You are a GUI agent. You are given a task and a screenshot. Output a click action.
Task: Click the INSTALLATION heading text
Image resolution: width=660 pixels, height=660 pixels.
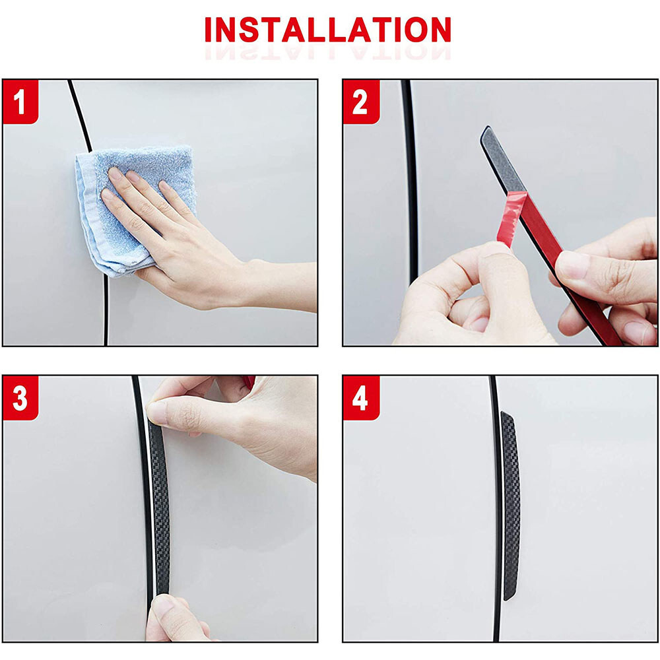[328, 30]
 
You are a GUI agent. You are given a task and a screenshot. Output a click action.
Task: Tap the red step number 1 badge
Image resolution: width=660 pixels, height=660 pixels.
[20, 103]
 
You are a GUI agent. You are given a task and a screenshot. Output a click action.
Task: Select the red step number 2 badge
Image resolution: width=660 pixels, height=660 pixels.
[360, 103]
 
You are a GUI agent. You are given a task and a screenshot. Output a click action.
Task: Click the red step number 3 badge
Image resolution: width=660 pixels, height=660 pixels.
[20, 399]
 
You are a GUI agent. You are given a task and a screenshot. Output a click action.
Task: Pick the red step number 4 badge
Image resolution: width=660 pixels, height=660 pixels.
[360, 399]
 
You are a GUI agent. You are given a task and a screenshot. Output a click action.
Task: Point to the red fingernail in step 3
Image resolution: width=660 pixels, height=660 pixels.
[249, 381]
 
